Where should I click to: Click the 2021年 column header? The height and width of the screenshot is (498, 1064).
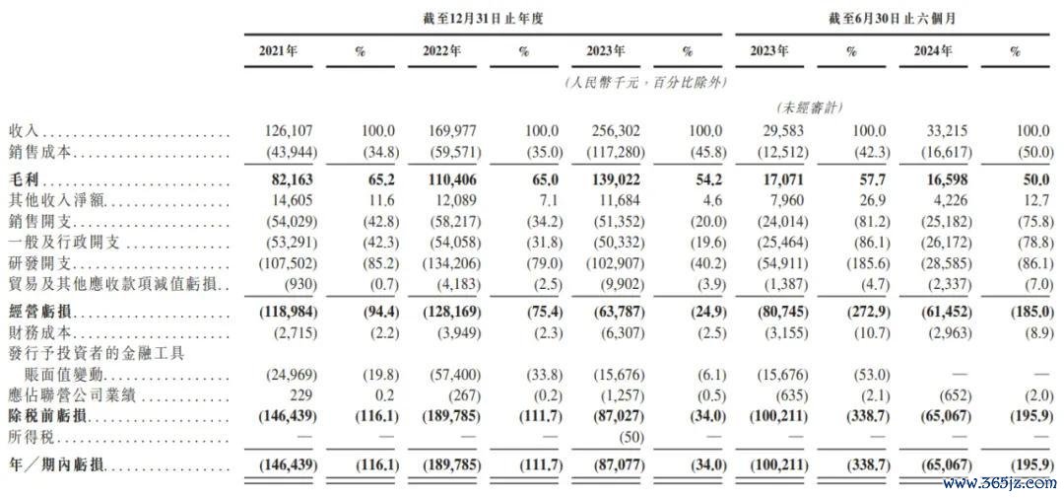278,51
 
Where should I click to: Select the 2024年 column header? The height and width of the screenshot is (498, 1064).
932,51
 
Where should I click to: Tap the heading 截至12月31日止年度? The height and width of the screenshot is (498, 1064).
483,19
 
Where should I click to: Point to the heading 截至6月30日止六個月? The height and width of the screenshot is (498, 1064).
892,19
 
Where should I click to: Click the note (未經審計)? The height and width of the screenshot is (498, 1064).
808,107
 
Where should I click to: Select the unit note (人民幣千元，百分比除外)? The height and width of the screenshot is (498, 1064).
645,83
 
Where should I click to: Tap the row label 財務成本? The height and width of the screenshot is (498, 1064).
34,333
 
